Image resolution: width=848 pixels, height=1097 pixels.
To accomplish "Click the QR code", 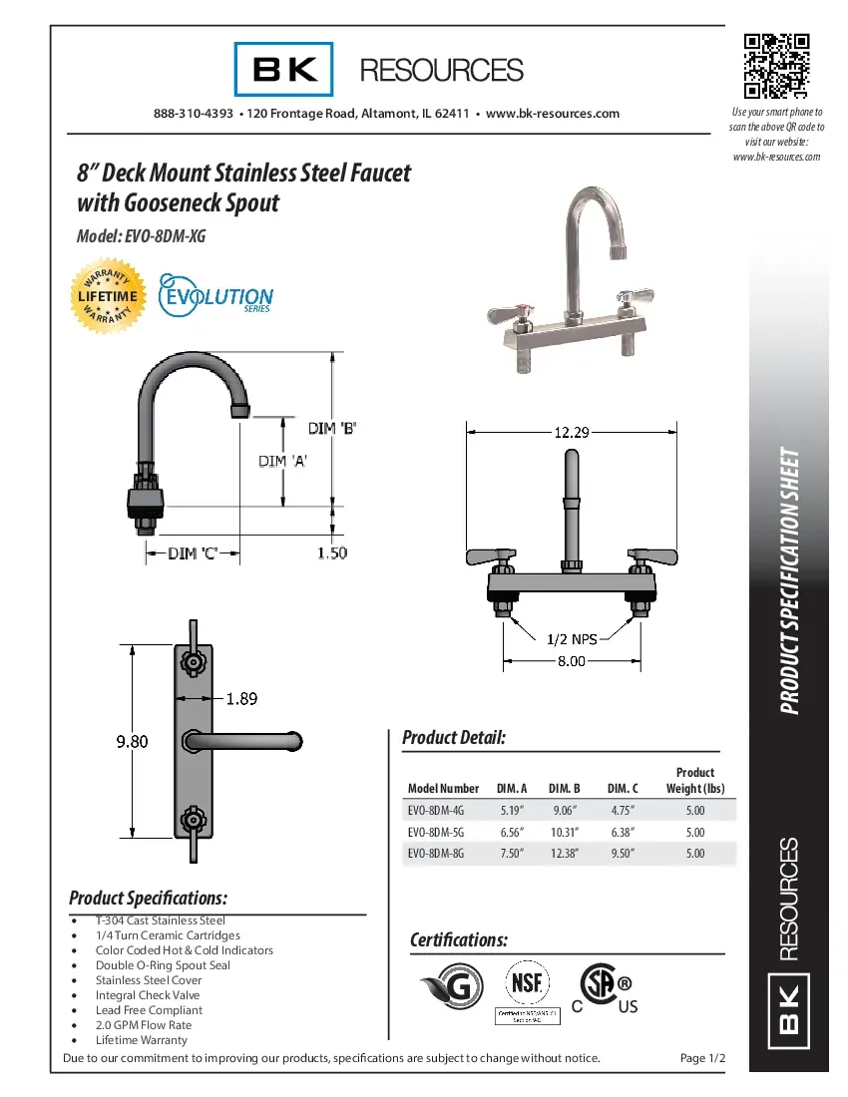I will coord(776,67).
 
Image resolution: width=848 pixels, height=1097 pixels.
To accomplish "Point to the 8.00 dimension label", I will coord(571,661).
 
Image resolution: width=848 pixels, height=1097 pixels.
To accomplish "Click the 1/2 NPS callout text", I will coord(571,638).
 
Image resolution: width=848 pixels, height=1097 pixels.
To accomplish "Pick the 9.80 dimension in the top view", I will coord(133,741).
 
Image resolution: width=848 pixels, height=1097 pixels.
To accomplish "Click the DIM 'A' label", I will coord(282,461).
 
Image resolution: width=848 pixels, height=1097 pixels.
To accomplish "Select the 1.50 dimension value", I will coord(332,552).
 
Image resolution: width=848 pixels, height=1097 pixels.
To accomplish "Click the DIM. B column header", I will coord(564,788).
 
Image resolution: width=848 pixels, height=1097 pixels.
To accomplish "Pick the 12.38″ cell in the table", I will coord(564,854).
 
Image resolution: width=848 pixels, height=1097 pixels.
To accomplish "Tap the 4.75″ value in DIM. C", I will coord(623,811).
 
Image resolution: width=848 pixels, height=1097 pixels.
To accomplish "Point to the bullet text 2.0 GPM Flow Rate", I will coord(144,1025).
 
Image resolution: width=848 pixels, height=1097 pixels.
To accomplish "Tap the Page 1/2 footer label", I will coord(702,1058).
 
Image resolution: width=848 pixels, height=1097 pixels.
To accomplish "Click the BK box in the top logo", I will coord(284,70).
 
